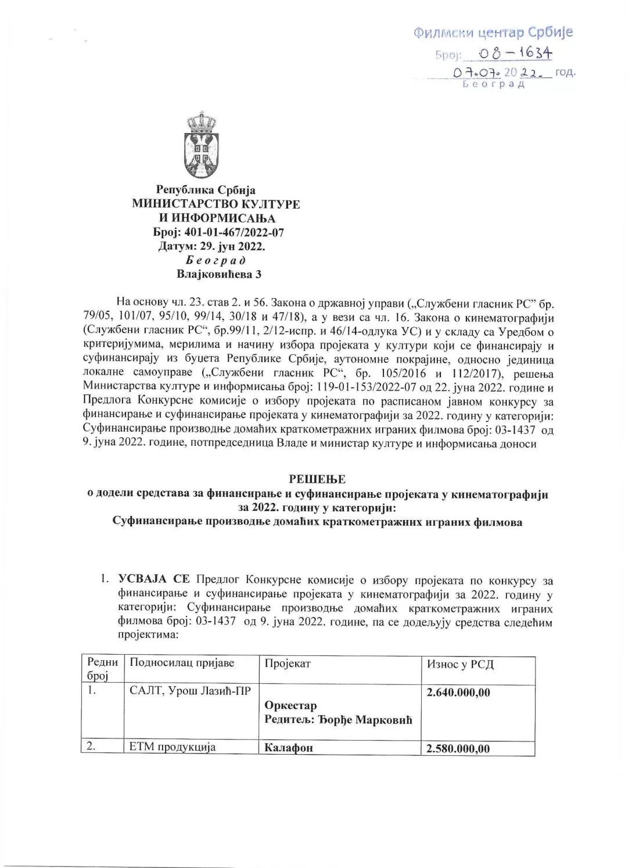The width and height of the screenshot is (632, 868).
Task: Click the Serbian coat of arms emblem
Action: (201, 146)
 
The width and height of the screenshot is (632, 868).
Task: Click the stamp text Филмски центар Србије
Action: (493, 32)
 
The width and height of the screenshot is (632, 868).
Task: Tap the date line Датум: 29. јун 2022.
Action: (211, 246)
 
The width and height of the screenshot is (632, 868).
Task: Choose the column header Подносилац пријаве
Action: (182, 663)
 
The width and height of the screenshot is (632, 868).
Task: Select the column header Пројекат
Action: (288, 663)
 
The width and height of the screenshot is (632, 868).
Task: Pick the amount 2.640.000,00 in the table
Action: (458, 693)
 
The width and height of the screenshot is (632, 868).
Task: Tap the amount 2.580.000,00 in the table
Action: (458, 749)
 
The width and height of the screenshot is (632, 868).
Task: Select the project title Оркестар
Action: (290, 706)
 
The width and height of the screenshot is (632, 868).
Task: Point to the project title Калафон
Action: (289, 748)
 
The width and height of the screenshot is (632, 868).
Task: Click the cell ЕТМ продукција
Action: (173, 747)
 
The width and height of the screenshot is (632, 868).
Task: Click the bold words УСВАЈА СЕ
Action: (153, 580)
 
